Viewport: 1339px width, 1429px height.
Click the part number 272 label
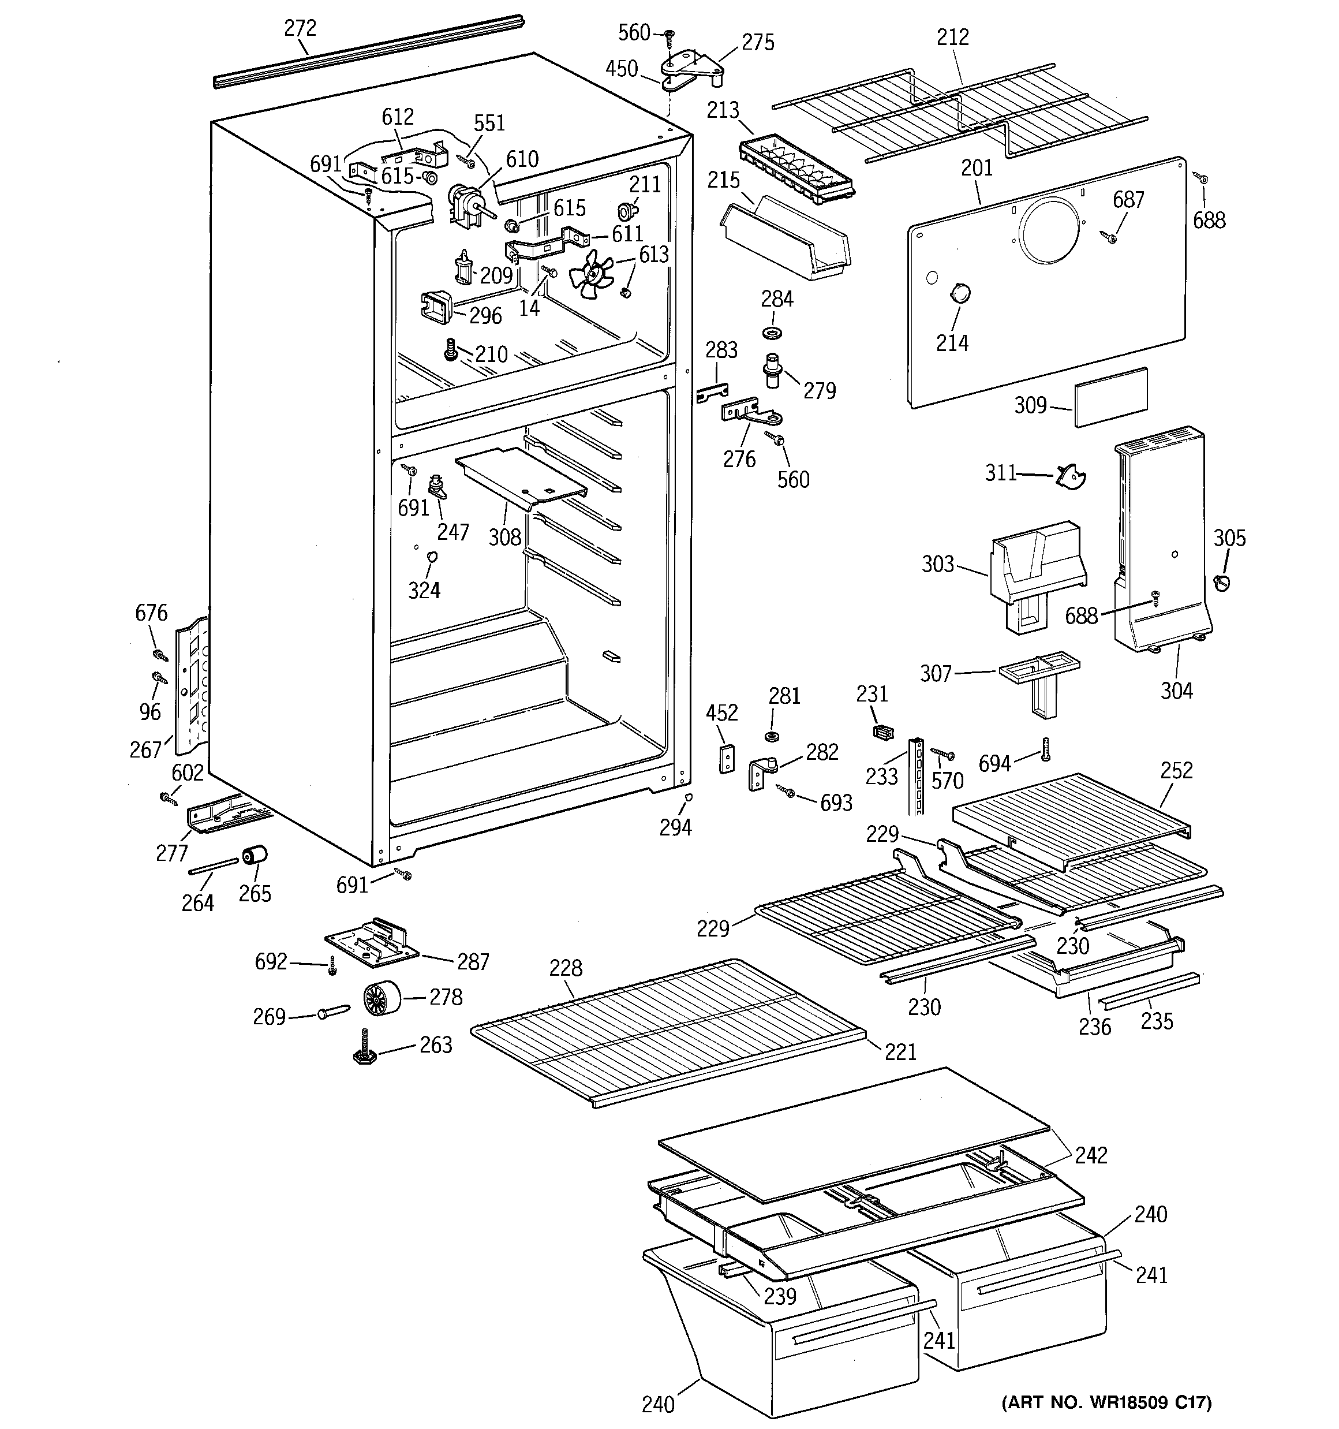point(300,28)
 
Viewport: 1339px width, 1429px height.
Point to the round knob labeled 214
point(959,293)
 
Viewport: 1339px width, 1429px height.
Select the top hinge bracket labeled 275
point(691,66)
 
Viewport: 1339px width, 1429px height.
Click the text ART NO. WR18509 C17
point(1106,1402)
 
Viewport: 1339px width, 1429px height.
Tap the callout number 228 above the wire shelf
point(566,968)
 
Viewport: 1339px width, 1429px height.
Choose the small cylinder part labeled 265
point(254,857)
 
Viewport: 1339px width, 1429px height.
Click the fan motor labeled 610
point(463,202)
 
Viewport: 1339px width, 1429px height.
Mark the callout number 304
point(1177,690)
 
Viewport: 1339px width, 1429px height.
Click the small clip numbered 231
point(882,731)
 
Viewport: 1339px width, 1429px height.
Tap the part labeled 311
point(1071,476)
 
